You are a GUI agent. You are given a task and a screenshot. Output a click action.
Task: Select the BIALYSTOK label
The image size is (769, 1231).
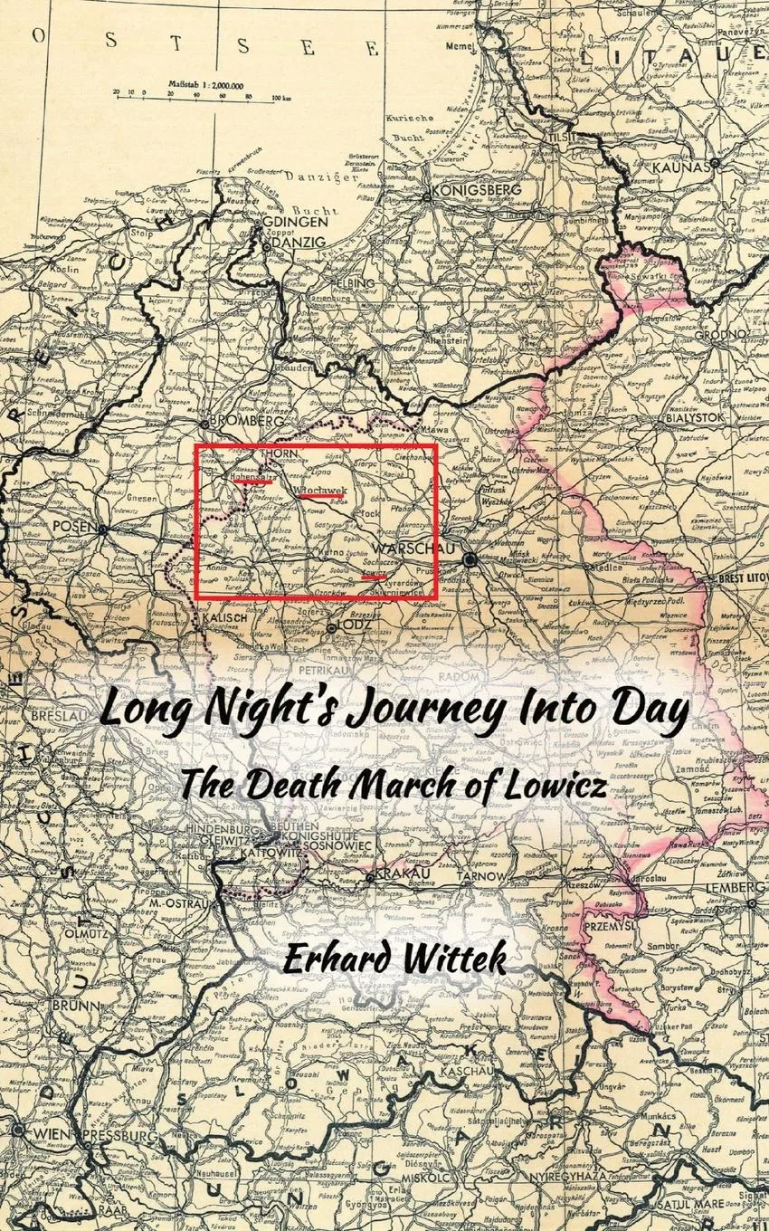(695, 417)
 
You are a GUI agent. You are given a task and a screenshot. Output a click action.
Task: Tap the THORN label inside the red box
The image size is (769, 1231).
(278, 453)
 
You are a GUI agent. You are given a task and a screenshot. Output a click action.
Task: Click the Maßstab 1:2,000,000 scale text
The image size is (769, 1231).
(205, 84)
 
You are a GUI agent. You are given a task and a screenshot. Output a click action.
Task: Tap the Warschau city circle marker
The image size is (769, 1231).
(470, 560)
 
